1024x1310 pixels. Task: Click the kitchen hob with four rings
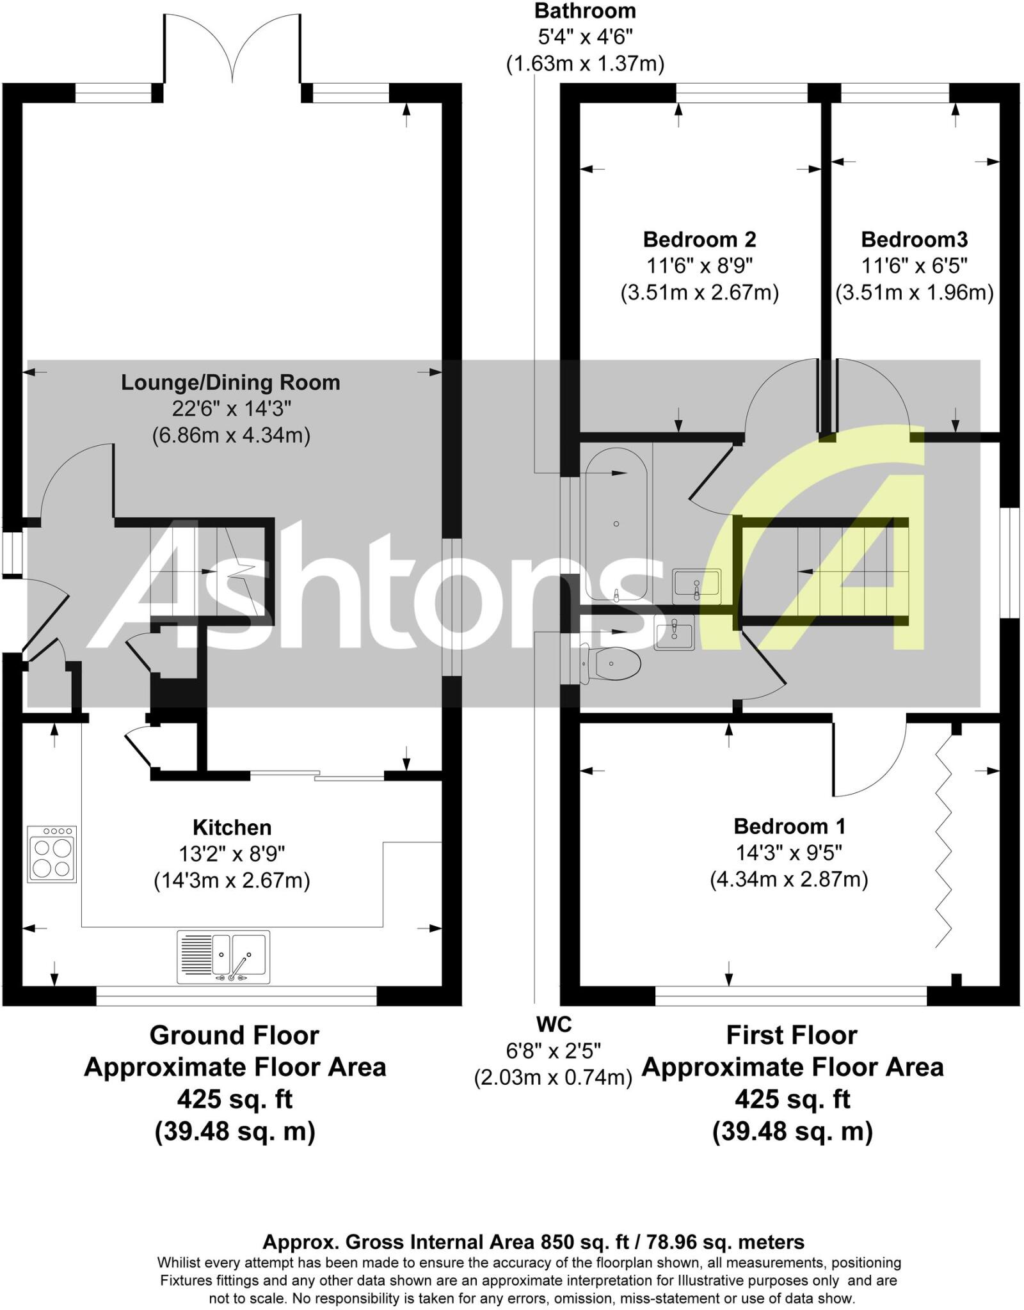52,854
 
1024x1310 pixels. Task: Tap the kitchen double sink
223,956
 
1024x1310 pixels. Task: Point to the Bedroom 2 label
699,240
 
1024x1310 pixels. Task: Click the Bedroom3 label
914,240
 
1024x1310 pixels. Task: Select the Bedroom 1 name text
789,826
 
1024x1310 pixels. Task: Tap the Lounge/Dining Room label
230,383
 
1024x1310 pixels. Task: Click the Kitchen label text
232,827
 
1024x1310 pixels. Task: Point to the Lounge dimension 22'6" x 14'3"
231,409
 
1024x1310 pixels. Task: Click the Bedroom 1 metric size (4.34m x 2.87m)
788,880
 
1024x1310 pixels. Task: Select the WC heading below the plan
554,1024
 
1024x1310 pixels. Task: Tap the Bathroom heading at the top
585,11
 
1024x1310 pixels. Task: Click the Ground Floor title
234,1035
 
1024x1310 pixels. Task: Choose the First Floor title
791,1035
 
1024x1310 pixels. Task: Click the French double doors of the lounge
232,51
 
